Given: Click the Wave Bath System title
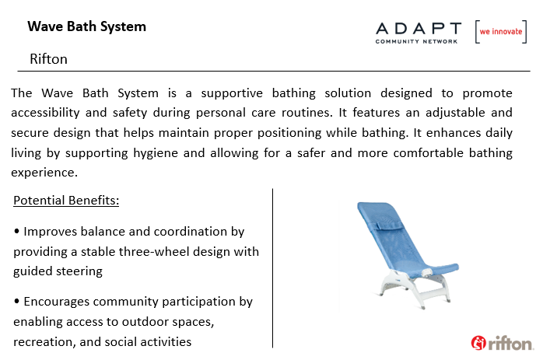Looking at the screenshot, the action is pos(86,27).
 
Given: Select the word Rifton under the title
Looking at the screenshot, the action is pos(48,59).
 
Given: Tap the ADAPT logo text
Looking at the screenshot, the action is pos(419,29).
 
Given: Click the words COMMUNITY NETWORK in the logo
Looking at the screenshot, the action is pos(416,41).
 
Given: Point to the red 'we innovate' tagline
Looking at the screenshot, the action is pos(501,32).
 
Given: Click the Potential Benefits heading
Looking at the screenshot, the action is pos(66,200).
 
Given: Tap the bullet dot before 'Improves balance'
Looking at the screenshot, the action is pos(16,231).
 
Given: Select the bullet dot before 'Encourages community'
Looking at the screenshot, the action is pos(16,301).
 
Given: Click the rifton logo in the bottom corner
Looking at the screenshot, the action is pos(503,343).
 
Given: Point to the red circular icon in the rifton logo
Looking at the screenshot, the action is pos(478,343).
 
